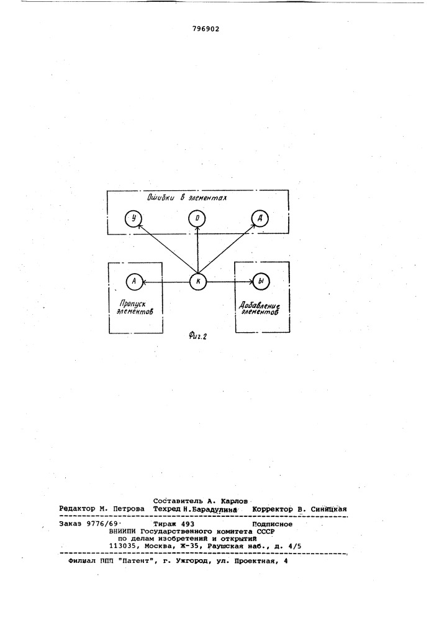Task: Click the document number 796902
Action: pos(206,29)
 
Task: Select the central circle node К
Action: pos(198,281)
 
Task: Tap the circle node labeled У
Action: pos(133,218)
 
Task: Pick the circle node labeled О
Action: pos(197,218)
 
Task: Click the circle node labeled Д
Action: pos(260,218)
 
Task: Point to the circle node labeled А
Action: pos(134,281)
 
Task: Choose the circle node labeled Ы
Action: pos(260,281)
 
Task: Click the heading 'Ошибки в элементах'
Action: pos(187,197)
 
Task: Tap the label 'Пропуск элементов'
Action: pos(135,307)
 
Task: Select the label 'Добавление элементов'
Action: pos(260,308)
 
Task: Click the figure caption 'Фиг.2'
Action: pos(197,337)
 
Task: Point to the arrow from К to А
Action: pos(166,282)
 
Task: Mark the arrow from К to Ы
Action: pos(230,282)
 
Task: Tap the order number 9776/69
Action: pos(100,524)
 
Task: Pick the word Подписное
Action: pos(272,524)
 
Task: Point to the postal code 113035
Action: pos(123,546)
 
